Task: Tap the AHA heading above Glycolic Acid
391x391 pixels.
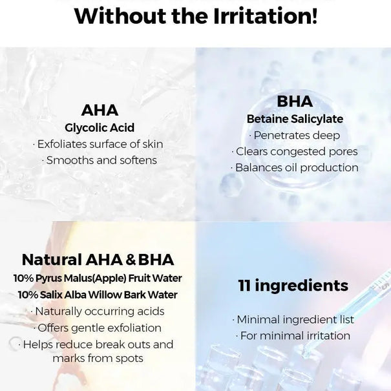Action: coord(100,110)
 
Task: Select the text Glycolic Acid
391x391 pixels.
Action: coord(100,127)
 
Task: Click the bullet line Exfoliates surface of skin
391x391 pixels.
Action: coord(98,144)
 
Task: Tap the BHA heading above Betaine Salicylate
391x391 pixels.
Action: coord(295,101)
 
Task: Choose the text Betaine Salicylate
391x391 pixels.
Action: coord(295,119)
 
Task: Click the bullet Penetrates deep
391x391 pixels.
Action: coord(295,136)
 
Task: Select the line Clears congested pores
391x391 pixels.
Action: coord(295,152)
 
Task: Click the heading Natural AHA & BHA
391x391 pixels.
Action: coord(98,260)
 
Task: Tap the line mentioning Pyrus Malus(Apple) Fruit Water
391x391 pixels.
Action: coord(98,279)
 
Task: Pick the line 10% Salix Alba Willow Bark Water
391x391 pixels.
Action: coord(98,295)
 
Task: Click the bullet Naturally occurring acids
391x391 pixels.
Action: coord(98,312)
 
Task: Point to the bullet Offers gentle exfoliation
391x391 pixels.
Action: coord(98,328)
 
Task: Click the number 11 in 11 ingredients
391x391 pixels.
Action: coord(244,286)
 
